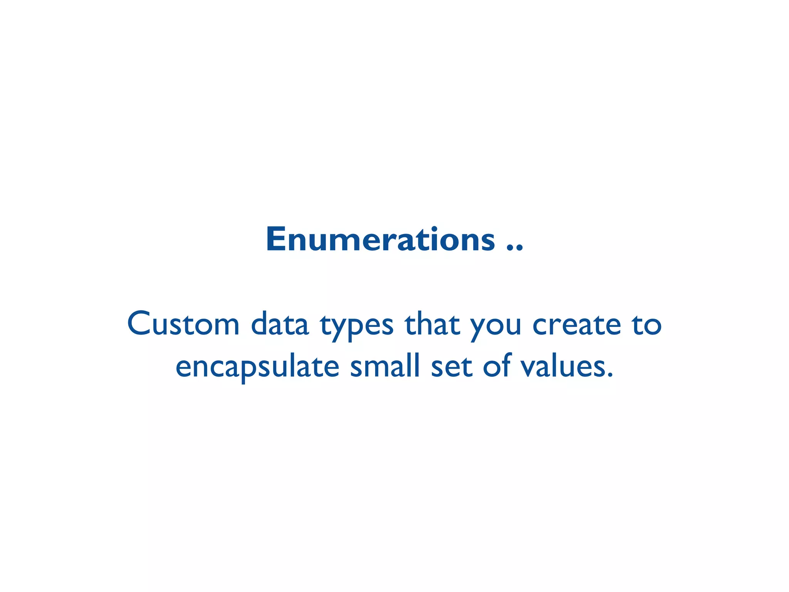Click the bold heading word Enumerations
tap(380, 240)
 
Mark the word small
tap(384, 365)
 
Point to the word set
tap(451, 366)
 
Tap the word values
tap(563, 365)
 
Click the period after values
tap(609, 375)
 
